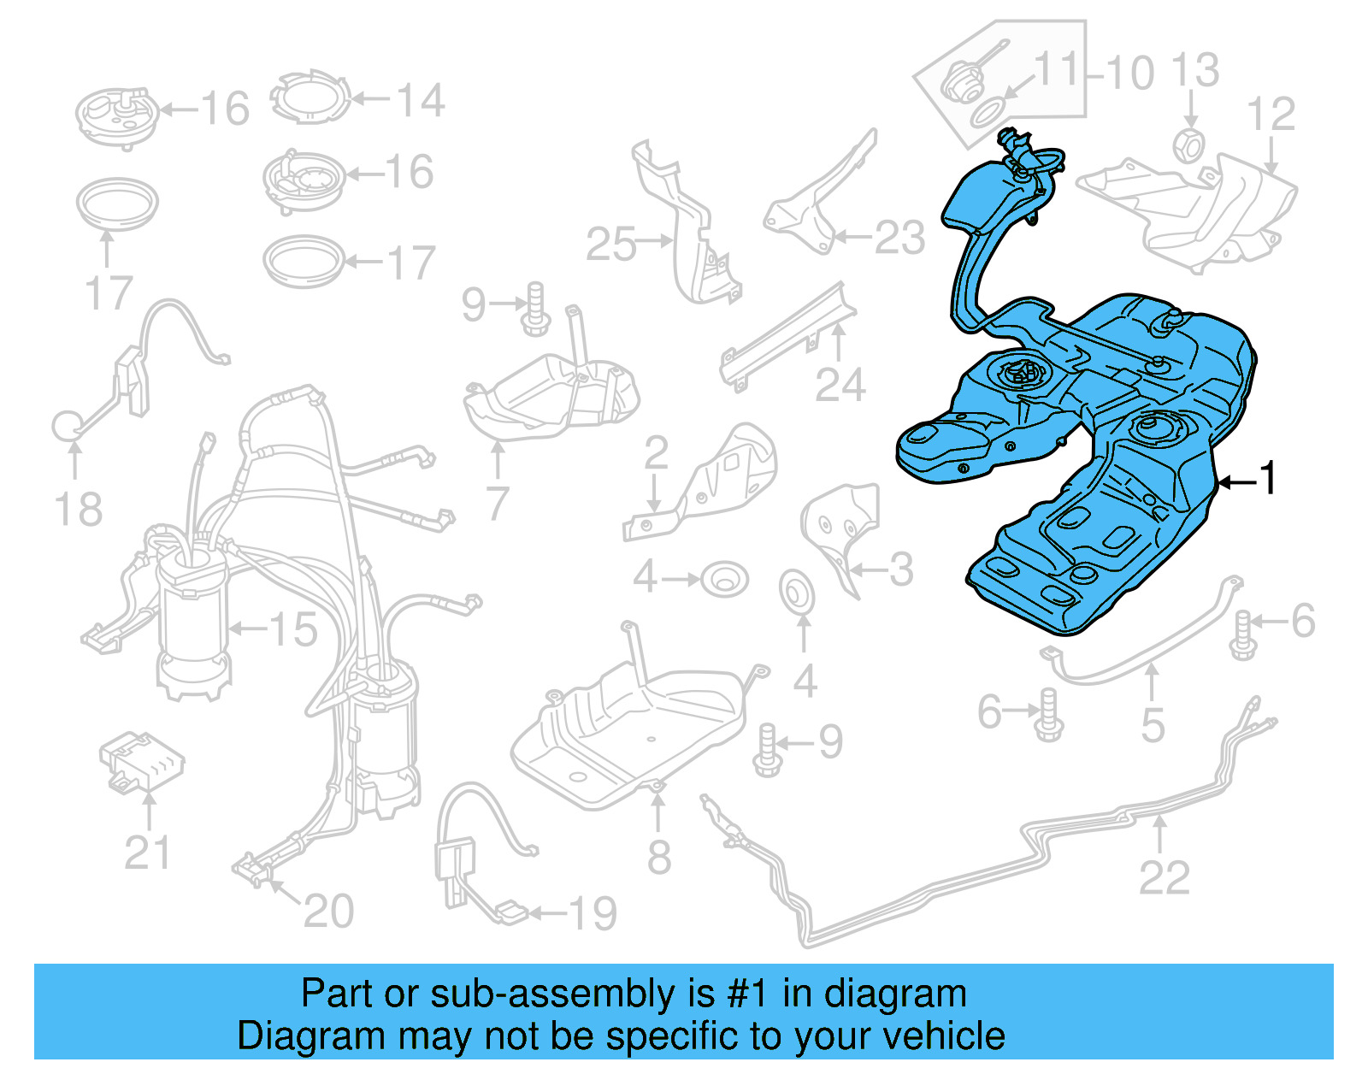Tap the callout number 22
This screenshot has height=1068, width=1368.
(1164, 878)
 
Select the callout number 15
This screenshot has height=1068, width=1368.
(293, 630)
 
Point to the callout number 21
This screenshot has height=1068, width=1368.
(147, 853)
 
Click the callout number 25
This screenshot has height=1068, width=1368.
(611, 245)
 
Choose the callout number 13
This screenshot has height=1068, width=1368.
(1194, 70)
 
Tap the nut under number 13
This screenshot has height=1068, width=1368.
(1188, 145)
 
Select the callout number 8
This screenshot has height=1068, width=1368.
(658, 857)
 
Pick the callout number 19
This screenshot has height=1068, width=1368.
(593, 914)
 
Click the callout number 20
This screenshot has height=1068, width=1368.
(328, 912)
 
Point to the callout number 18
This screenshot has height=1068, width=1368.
(79, 510)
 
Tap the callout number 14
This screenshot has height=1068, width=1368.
(420, 101)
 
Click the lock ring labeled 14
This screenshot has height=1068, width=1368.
(311, 97)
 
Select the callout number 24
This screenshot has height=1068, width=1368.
(840, 386)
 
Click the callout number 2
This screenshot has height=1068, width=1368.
(656, 453)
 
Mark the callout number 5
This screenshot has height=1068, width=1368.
(1153, 725)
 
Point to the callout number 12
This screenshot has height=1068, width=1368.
(1271, 115)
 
